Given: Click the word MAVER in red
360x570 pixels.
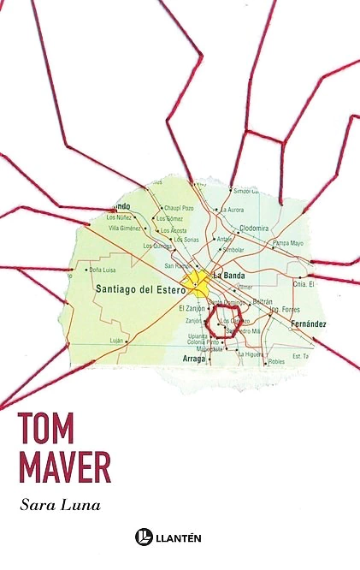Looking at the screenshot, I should [66, 467].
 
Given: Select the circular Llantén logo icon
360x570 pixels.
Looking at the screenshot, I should [144, 537].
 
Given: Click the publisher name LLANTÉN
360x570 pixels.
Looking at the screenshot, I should [188, 537].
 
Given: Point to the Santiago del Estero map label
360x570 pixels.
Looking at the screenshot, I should [138, 289].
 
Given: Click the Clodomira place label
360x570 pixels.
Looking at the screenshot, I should [254, 229].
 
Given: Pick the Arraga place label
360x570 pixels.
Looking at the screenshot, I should [194, 359].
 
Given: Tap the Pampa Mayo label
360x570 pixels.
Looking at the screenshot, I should [288, 243].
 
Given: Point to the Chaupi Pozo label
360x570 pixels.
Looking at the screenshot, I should [179, 208].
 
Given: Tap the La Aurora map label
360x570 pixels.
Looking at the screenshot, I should [232, 210].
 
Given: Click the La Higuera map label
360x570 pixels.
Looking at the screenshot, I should [251, 353].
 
